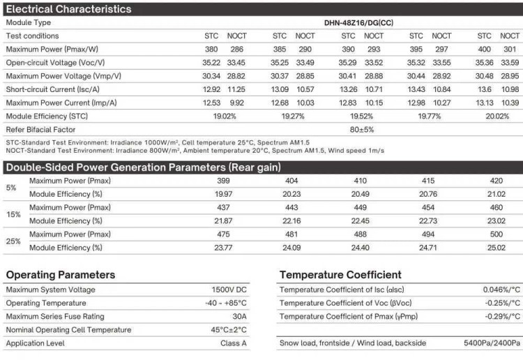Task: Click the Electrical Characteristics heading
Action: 68,9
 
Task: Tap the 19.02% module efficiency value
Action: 225,116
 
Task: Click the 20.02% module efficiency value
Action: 498,116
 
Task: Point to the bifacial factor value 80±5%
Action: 361,129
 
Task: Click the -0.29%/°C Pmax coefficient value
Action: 502,317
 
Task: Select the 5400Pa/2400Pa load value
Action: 492,343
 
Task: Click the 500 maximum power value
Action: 497,234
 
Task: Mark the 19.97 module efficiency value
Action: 224,194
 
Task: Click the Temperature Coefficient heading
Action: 340,275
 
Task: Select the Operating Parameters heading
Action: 61,275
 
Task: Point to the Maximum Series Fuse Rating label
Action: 55,317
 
